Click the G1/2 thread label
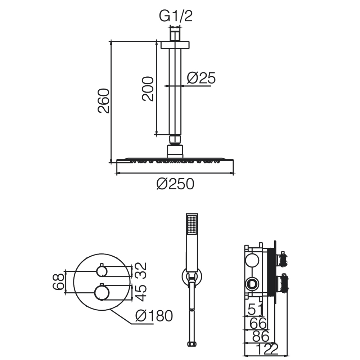pyautogui.click(x=176, y=16)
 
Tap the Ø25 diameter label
pyautogui.click(x=201, y=78)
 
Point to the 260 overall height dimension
pyautogui.click(x=103, y=100)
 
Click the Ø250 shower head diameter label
pyautogui.click(x=175, y=184)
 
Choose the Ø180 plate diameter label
pyautogui.click(x=154, y=316)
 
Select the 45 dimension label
pyautogui.click(x=140, y=292)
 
